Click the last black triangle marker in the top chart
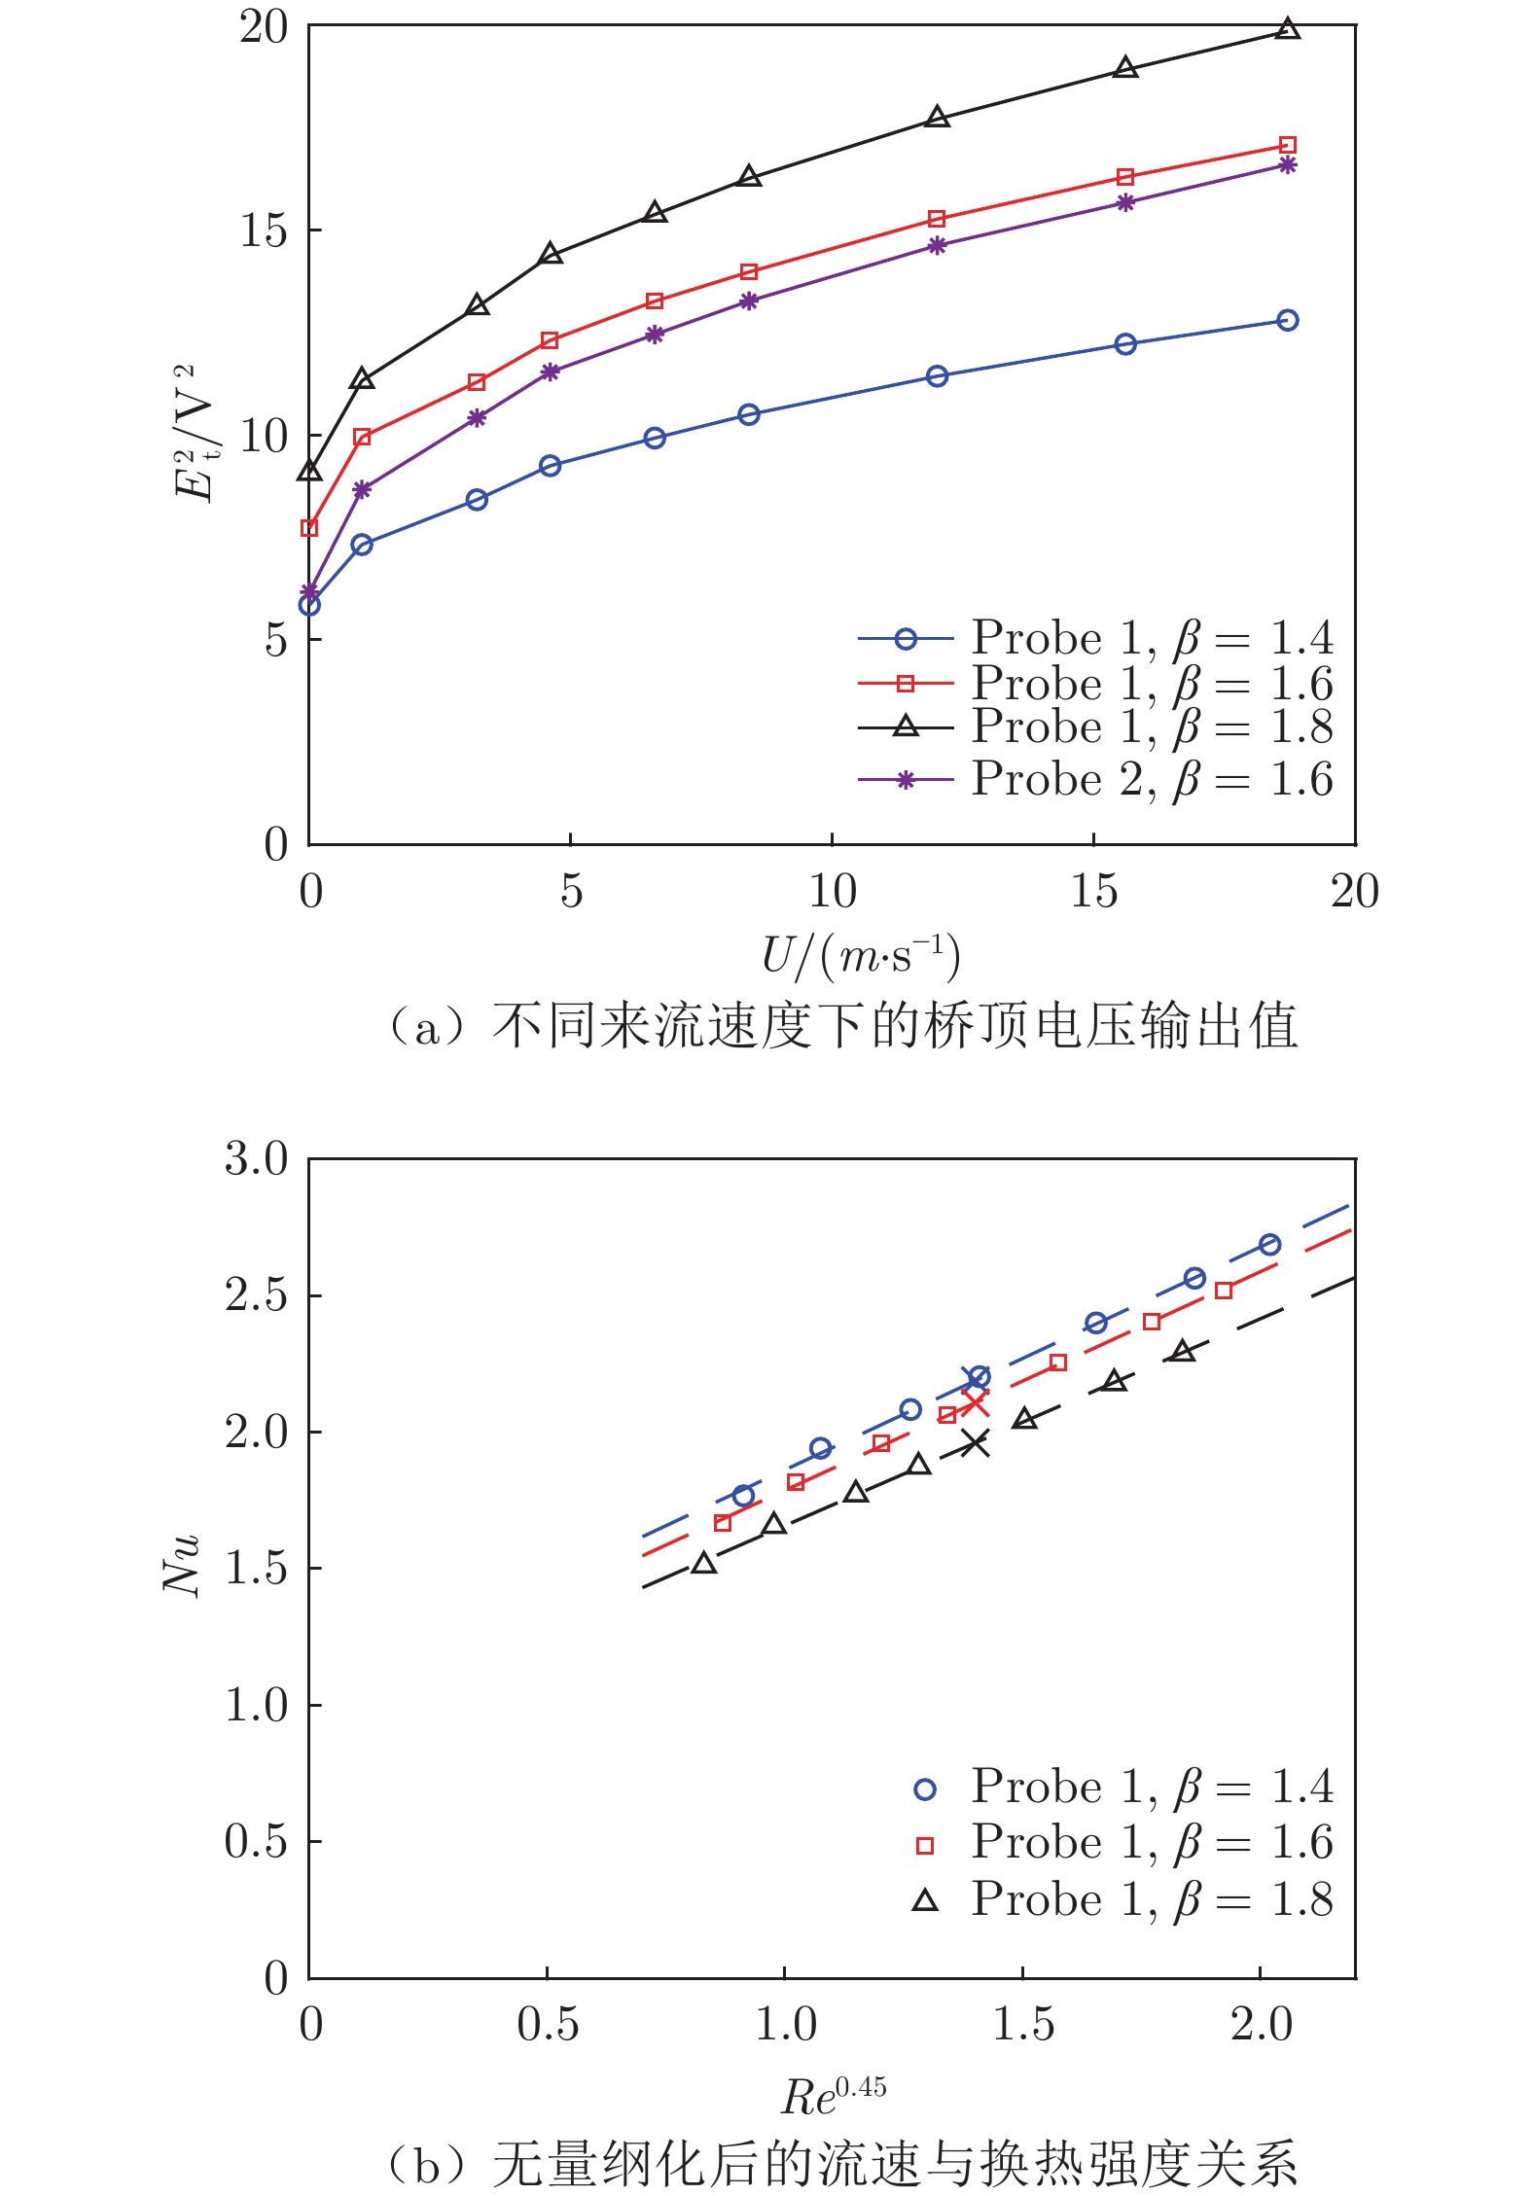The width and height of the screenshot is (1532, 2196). point(1287,29)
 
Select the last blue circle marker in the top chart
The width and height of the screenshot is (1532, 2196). point(1287,320)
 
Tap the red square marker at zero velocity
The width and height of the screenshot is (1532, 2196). point(309,528)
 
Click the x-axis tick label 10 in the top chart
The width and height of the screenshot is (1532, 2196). point(833,891)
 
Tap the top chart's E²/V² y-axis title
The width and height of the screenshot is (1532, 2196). point(196,433)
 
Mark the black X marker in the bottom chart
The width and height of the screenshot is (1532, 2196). point(975,1444)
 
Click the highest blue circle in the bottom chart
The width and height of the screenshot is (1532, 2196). point(1269,1244)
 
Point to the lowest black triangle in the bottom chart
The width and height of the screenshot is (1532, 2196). point(704,1563)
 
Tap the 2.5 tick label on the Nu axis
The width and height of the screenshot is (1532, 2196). point(257,1296)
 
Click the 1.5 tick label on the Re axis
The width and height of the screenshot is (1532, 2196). point(1022,2025)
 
